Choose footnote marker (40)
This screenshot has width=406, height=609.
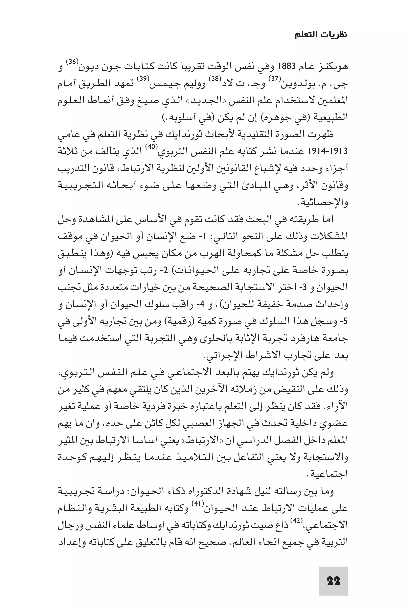151,146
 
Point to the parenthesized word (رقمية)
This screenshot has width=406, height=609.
177,322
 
